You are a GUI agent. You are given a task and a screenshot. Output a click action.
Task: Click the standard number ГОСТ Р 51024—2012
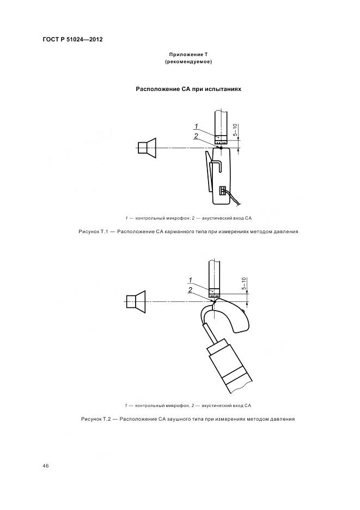tap(72, 40)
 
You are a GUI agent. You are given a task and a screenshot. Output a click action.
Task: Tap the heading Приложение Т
tap(188, 54)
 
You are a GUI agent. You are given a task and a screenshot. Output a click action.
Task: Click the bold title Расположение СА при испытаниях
tap(188, 88)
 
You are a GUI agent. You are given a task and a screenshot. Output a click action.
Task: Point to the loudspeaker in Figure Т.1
tap(147, 148)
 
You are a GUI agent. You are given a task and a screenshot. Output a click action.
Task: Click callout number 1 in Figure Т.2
tap(191, 280)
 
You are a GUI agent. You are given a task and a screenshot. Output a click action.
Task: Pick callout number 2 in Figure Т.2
tap(191, 290)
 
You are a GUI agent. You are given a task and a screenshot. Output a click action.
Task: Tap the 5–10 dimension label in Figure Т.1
tap(235, 131)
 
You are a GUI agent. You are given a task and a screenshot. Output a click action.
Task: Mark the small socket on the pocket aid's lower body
tap(222, 190)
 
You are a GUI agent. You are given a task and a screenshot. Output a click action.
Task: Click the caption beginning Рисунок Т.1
tap(188, 232)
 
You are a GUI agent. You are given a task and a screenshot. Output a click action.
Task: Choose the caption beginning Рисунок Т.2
tap(188, 419)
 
